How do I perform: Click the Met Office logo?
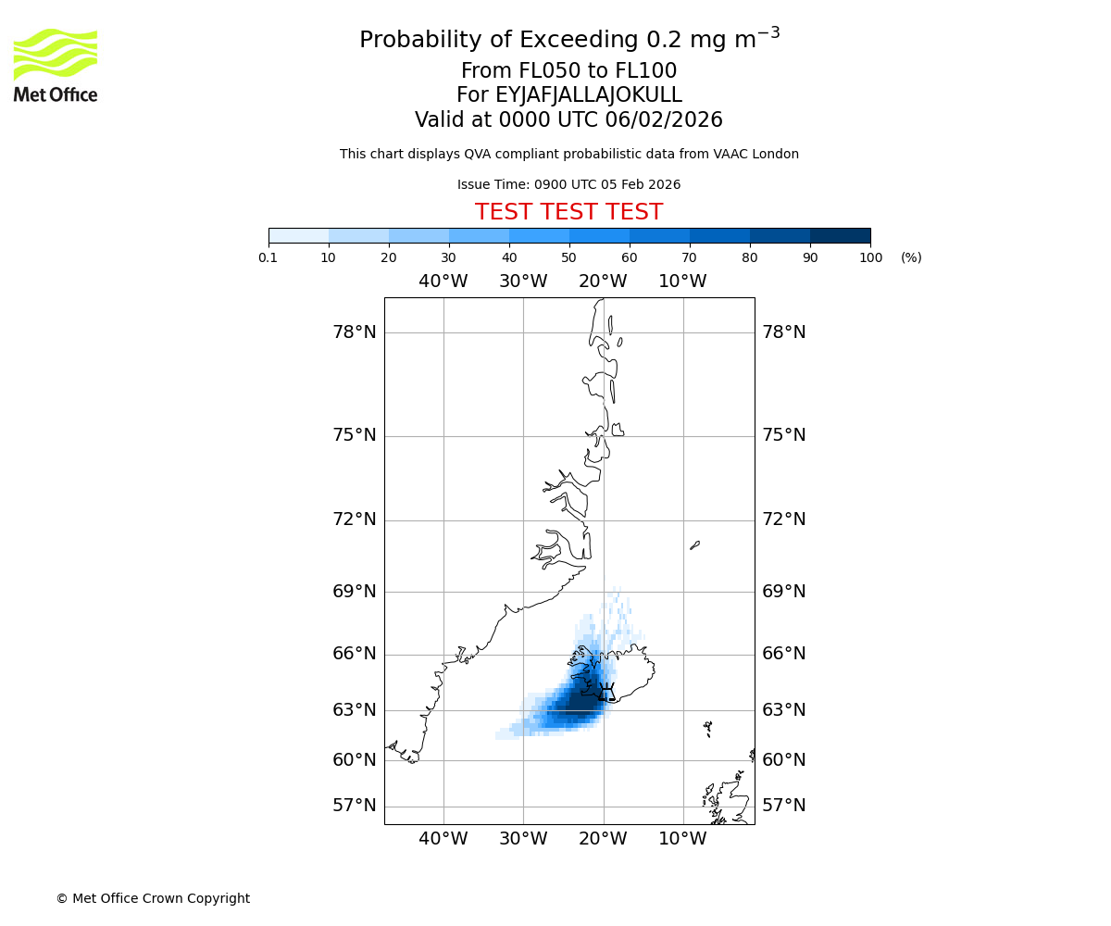[56, 65]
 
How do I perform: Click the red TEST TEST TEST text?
[568, 213]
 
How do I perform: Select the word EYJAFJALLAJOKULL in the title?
[589, 95]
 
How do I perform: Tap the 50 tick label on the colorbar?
[568, 258]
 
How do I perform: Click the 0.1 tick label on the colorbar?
[268, 258]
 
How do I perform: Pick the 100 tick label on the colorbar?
[870, 258]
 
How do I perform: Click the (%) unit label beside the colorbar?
[911, 258]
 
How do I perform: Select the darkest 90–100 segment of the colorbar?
[840, 235]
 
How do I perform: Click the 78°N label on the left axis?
[355, 332]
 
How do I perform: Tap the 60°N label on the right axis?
[783, 760]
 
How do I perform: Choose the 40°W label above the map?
[443, 282]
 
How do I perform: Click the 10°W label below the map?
[682, 839]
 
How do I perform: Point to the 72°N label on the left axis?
[355, 519]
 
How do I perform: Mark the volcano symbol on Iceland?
[606, 692]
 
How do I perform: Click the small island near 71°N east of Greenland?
[694, 545]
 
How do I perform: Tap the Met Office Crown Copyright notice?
[153, 898]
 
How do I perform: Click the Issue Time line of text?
[568, 185]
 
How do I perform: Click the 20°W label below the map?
[603, 839]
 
